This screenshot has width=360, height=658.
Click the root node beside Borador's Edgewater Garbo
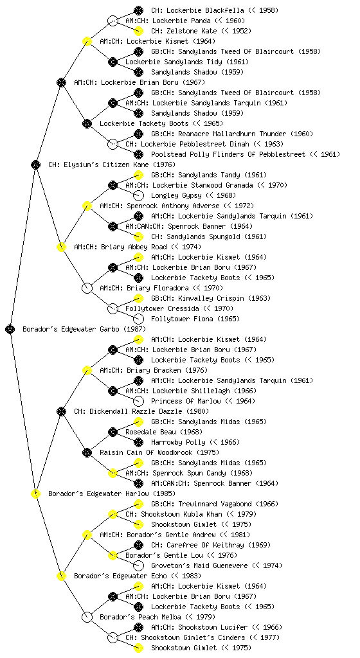click(10, 329)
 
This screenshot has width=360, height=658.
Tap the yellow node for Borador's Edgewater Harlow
click(35, 493)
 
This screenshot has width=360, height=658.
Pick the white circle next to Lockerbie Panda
click(113, 21)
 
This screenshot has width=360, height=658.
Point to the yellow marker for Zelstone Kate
click(138, 31)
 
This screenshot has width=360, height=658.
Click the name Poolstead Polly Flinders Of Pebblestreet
click(228, 154)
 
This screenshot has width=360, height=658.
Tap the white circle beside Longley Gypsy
click(138, 195)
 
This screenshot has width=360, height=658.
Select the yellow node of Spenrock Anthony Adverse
click(87, 206)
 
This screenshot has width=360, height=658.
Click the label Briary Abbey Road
click(134, 247)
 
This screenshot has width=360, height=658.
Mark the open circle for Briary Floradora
click(87, 288)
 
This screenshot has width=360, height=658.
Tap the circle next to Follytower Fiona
click(138, 319)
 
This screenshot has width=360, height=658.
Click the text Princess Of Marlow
click(186, 401)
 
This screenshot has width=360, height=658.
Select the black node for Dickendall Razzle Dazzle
click(61, 411)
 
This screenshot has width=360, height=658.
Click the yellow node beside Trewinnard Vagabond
click(138, 504)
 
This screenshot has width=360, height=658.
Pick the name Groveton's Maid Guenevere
click(199, 565)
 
